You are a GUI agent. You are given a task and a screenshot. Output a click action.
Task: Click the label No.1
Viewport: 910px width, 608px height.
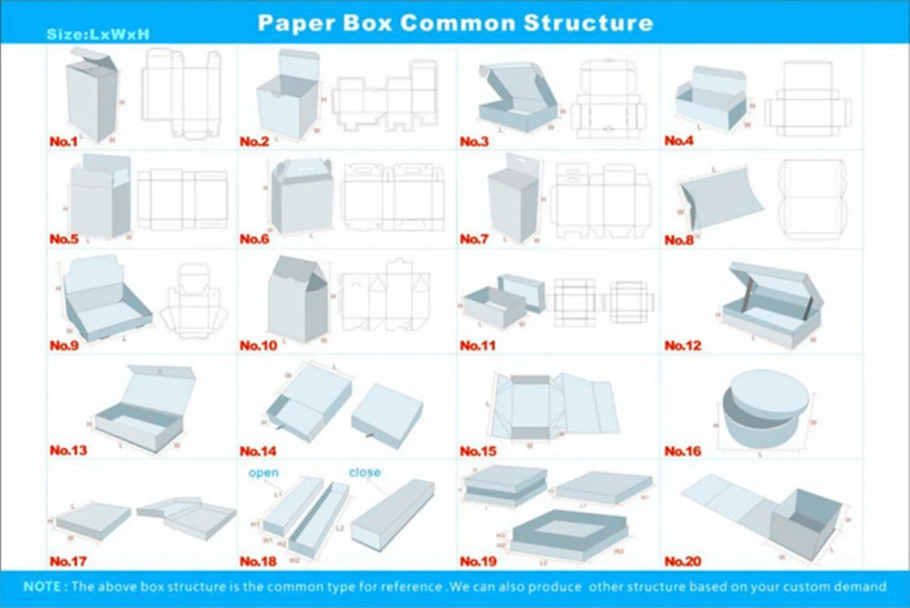click(64, 142)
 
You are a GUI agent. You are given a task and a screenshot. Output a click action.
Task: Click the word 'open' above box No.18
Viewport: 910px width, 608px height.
click(264, 473)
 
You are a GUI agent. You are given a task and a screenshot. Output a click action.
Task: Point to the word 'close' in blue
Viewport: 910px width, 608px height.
click(365, 472)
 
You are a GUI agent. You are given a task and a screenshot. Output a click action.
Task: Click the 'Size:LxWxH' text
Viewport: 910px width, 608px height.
click(98, 34)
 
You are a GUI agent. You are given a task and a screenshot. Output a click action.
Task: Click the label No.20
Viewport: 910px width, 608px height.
click(683, 562)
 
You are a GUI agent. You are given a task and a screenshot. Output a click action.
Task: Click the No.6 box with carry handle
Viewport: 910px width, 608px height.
click(301, 197)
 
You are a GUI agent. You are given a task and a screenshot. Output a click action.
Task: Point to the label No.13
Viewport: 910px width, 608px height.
click(68, 450)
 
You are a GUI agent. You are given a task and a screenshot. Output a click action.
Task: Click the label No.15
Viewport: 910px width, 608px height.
click(476, 450)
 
